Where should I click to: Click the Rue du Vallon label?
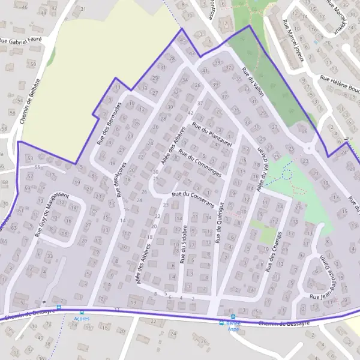[252, 80]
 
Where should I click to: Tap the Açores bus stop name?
[82, 319]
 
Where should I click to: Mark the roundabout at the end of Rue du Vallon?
[310, 149]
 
